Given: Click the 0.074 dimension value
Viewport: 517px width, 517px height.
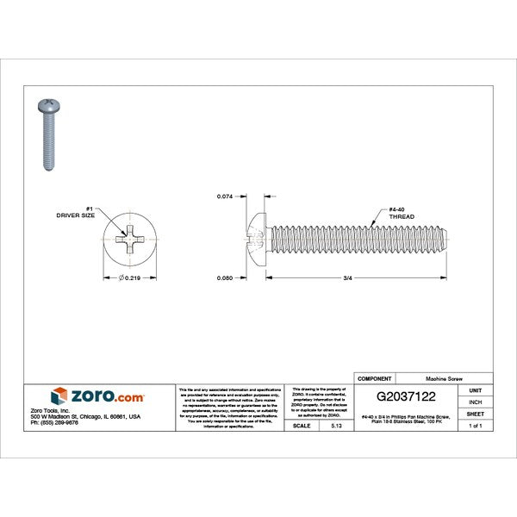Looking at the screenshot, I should coord(226,197).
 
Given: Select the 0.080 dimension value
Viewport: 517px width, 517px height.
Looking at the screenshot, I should coord(226,278).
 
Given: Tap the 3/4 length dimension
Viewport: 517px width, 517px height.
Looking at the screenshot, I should coord(346,278).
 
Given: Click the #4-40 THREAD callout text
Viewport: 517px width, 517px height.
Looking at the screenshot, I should coord(402,213).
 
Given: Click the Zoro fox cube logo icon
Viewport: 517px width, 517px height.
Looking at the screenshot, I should coord(59,396).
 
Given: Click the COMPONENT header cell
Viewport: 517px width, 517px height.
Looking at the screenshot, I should coord(374,378).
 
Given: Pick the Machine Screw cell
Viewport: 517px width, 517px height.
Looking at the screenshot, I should coord(444,378).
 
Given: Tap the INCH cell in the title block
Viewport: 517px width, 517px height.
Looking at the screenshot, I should coord(475,402).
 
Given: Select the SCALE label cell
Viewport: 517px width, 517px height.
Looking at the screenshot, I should coord(302,426).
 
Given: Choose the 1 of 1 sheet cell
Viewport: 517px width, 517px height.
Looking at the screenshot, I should coord(475,426).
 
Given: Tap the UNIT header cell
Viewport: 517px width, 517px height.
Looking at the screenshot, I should coord(475,390).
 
